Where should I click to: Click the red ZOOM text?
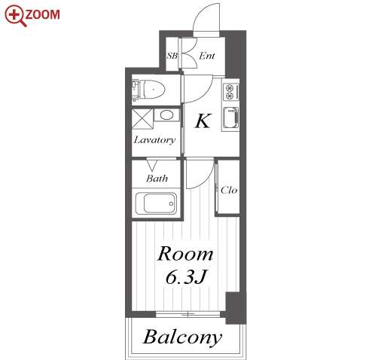coord(42,14)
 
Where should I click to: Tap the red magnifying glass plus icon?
coord(15,16)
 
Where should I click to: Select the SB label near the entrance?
coord(172,55)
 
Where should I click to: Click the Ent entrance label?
coord(207,56)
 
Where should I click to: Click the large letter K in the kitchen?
coord(203,121)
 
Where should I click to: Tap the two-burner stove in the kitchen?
coord(230,92)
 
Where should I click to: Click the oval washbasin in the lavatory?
coord(166,115)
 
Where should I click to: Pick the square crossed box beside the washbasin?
coord(142,119)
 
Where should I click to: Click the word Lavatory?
coord(154,140)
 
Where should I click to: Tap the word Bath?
coord(157,178)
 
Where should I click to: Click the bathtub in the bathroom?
coord(156,203)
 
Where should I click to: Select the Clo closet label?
coord(229,190)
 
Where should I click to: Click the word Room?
coord(185,254)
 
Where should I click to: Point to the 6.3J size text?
coord(186,277)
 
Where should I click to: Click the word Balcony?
coord(182,337)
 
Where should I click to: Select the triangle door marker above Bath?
coord(152,165)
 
